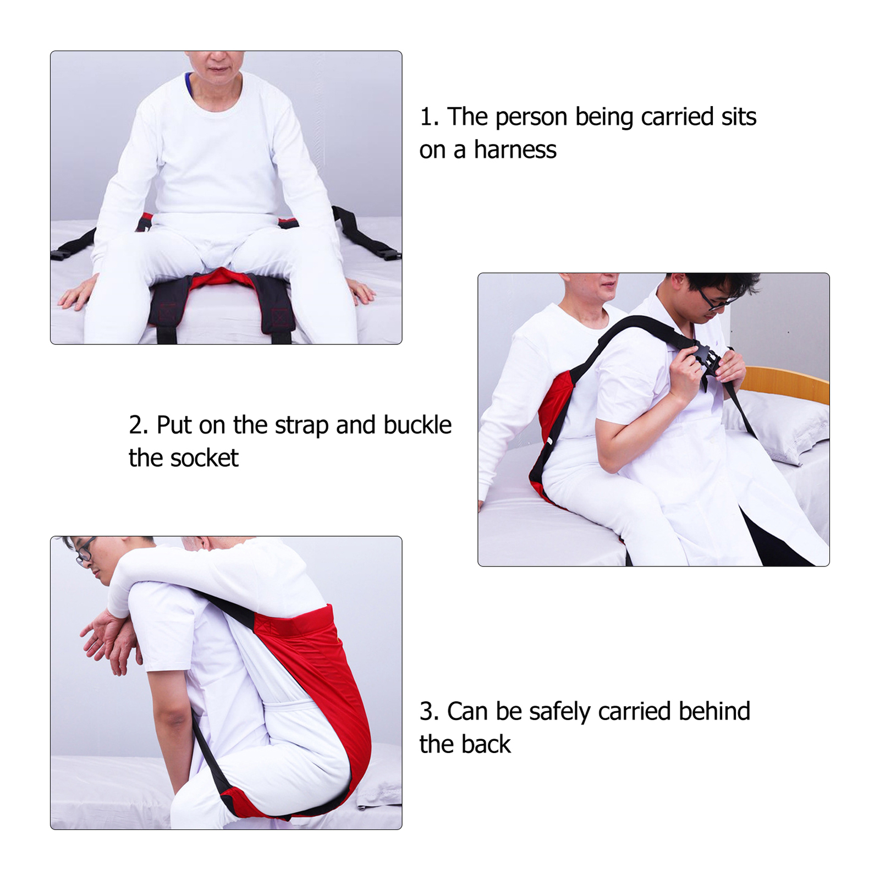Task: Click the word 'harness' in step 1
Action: pos(515,150)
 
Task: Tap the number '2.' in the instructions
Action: pos(139,425)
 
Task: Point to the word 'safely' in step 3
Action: pos(559,712)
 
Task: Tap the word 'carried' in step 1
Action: pos(677,117)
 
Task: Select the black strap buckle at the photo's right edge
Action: pos(389,255)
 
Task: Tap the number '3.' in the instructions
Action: pos(429,712)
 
